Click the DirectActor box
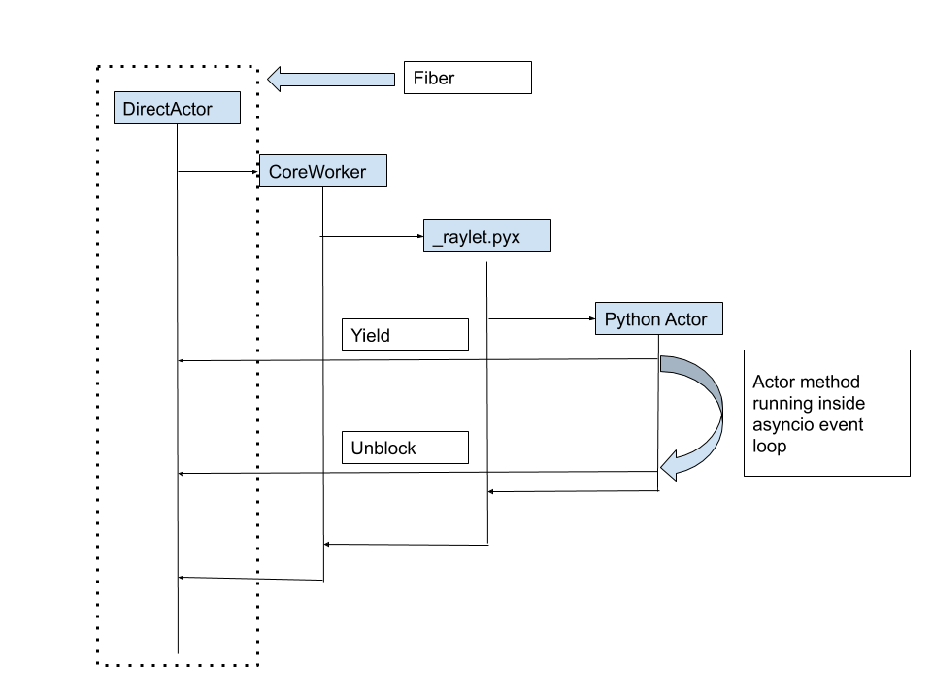pos(177,108)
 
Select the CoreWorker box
pos(322,171)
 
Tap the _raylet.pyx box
pos(486,236)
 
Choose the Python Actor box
pos(658,318)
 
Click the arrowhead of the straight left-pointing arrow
pos(275,80)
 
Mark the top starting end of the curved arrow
pos(664,363)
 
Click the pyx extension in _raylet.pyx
pos(506,238)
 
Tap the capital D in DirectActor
pos(129,109)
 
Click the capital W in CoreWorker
pos(311,172)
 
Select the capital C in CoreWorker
pos(276,172)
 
